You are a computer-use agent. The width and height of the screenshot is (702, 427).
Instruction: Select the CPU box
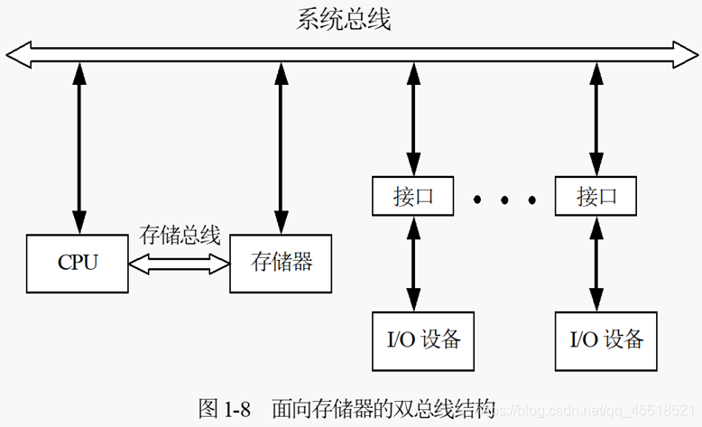pyautogui.click(x=78, y=263)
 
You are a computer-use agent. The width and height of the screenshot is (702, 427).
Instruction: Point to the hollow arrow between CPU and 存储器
pyautogui.click(x=180, y=263)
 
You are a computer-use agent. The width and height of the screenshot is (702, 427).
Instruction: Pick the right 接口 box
pyautogui.click(x=594, y=196)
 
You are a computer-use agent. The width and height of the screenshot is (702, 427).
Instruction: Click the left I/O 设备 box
pyautogui.click(x=423, y=339)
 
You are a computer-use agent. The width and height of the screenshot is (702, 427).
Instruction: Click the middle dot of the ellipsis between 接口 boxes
pyautogui.click(x=503, y=199)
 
